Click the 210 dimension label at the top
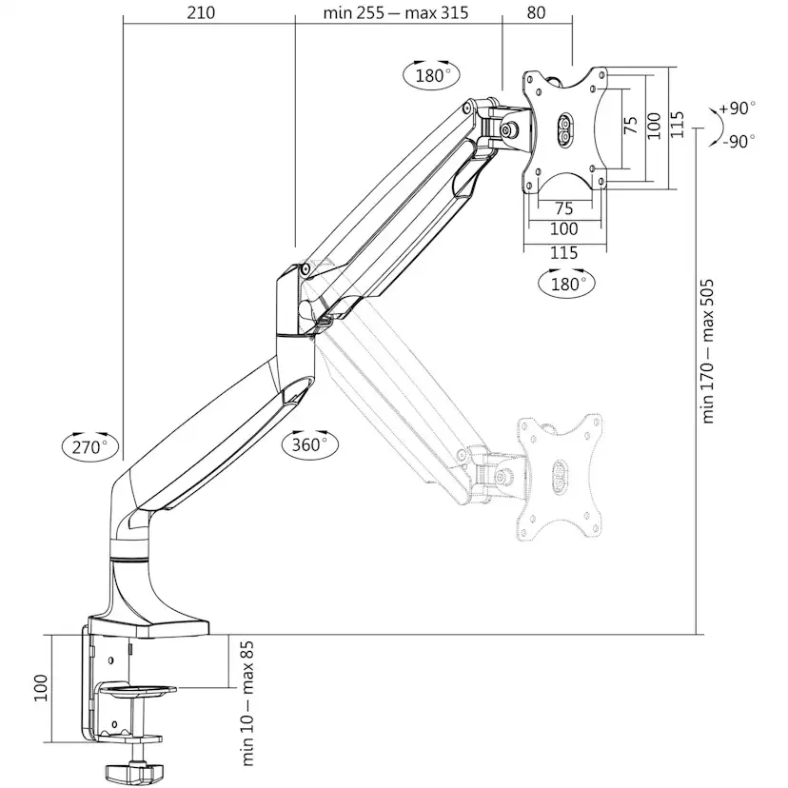pos(201,12)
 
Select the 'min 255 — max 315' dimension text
pos(396,12)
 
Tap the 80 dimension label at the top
pos(536,12)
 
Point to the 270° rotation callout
pos(90,445)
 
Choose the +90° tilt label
pos(737,108)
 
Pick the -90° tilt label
pos(739,141)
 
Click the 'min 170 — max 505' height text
pos(708,351)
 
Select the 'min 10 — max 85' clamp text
pos(247,703)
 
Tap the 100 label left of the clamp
pos(40,688)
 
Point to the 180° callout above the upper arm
pos(431,75)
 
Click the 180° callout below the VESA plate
pos(566,284)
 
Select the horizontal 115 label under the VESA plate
pos(563,253)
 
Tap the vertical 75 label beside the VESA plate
pos(630,125)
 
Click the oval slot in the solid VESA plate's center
pos(564,130)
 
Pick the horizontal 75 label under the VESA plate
pos(563,208)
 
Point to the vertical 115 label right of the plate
pos(677,125)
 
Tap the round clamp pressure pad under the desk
pos(138,689)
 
